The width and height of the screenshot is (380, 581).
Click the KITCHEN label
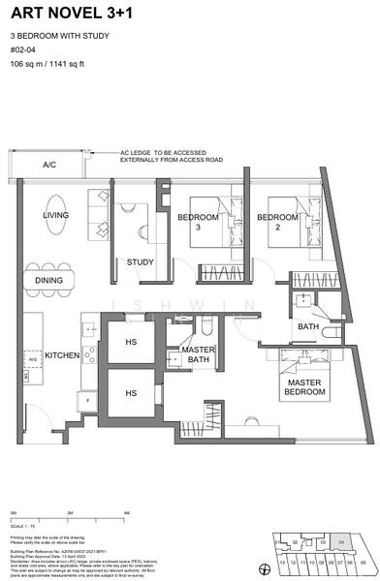(x=61, y=355)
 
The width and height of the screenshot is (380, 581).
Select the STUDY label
(x=140, y=261)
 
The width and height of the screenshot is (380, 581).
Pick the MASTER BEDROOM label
(x=302, y=387)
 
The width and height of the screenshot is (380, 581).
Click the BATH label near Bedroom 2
(x=308, y=327)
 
